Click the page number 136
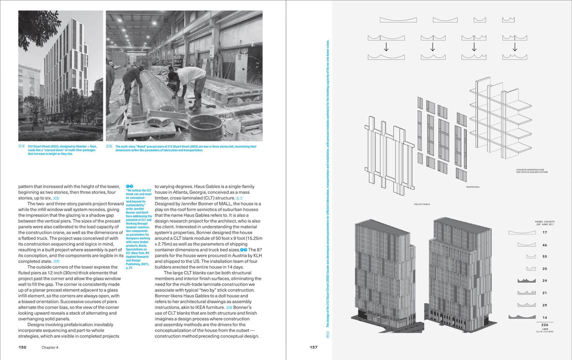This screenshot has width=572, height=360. (x=22, y=347)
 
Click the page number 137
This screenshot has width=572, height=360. (x=313, y=347)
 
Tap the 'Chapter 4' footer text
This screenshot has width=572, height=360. (x=50, y=347)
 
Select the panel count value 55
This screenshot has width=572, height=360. (x=544, y=256)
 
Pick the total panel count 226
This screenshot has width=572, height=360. (x=544, y=325)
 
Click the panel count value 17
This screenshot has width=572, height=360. (x=544, y=232)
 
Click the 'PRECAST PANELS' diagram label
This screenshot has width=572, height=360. (x=422, y=204)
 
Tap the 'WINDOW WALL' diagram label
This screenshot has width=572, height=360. (x=473, y=187)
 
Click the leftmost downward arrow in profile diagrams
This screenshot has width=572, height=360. (x=386, y=47)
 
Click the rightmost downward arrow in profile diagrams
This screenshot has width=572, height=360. (x=514, y=47)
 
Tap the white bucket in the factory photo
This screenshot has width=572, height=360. (x=233, y=130)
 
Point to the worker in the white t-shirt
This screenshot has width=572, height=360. (x=191, y=84)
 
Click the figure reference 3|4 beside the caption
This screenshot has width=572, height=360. (x=22, y=146)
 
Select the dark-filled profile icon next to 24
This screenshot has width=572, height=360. (x=526, y=281)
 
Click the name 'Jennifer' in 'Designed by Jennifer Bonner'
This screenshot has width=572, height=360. (x=189, y=204)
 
